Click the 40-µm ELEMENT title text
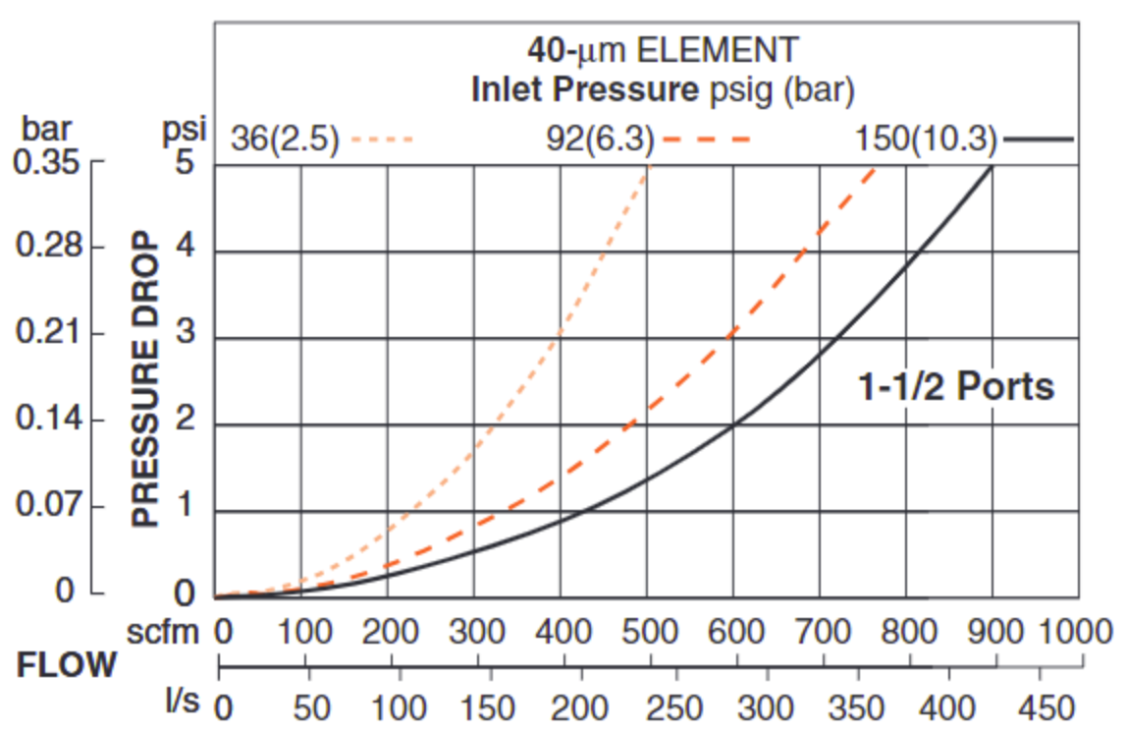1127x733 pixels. pyautogui.click(x=663, y=49)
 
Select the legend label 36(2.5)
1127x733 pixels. pyautogui.click(x=285, y=140)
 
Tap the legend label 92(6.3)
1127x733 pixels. pyautogui.click(x=600, y=140)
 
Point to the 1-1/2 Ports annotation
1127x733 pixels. pyautogui.click(x=956, y=387)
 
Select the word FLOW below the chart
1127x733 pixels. pyautogui.click(x=67, y=666)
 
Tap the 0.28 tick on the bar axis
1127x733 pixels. pyautogui.click(x=46, y=247)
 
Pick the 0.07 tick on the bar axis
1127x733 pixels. pyautogui.click(x=46, y=507)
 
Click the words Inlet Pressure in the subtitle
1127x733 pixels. pyautogui.click(x=584, y=90)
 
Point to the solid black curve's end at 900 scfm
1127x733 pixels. pyautogui.click(x=992, y=166)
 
